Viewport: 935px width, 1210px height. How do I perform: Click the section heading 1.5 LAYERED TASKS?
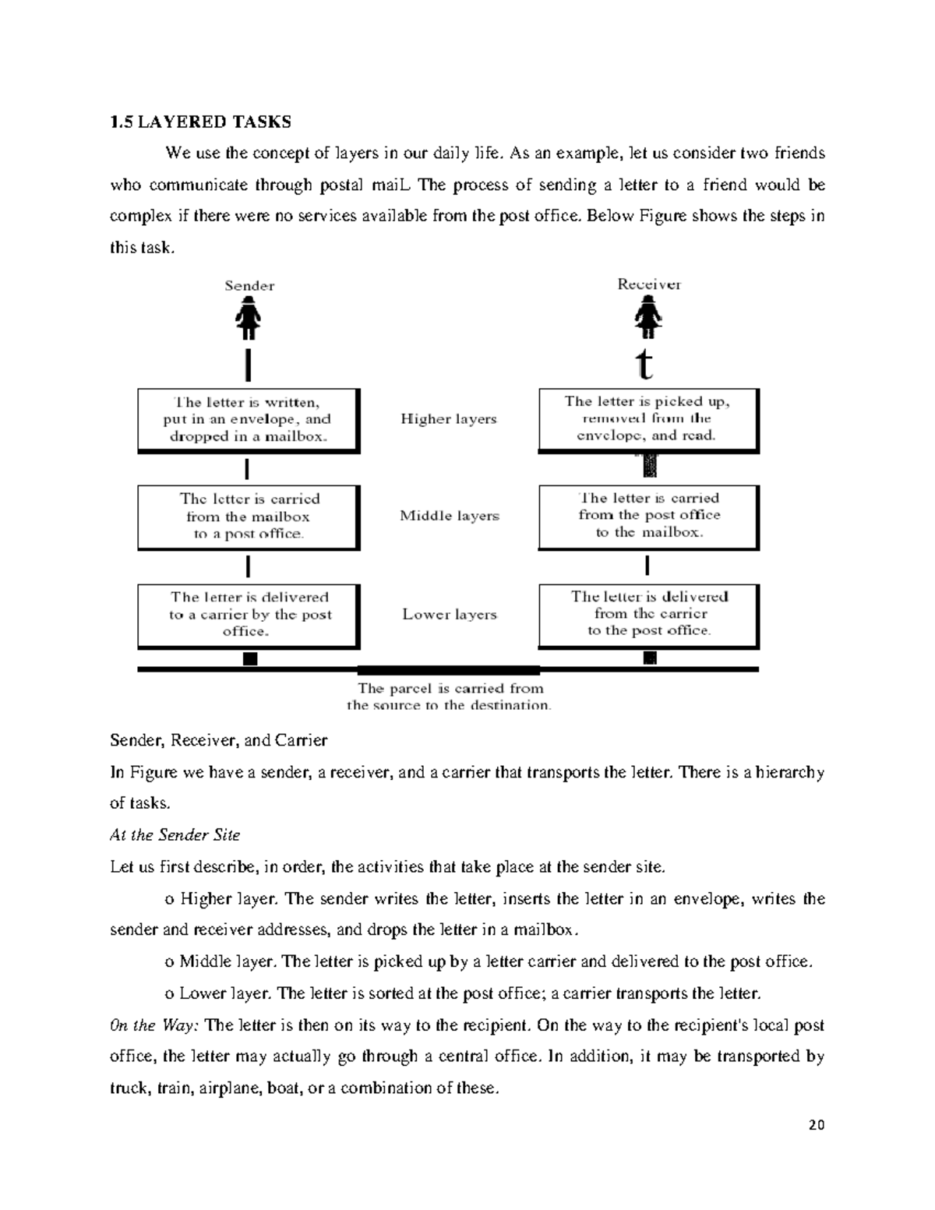point(200,122)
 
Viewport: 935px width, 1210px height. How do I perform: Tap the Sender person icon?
point(249,320)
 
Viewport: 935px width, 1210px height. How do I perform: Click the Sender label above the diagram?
point(249,286)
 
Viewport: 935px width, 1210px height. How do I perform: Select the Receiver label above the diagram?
point(649,284)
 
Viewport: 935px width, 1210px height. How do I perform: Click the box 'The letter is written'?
point(248,420)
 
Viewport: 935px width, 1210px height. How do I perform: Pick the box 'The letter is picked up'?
point(647,419)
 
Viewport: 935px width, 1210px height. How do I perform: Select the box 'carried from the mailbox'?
point(248,517)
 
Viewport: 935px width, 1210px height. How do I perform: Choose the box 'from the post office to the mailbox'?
point(647,516)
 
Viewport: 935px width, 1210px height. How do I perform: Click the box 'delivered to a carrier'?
point(248,615)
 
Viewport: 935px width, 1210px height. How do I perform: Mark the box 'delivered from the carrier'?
point(647,614)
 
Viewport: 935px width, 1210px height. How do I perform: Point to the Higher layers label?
point(448,419)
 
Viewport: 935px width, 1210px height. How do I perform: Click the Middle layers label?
point(449,516)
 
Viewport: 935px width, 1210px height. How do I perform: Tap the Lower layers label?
point(449,615)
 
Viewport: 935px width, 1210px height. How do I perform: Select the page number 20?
point(817,1125)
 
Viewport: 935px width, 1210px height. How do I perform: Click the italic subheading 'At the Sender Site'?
point(175,835)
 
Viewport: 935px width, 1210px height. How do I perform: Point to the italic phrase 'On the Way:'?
point(154,1025)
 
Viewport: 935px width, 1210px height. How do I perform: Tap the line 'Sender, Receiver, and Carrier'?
point(218,740)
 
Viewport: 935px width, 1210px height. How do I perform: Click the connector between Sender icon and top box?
point(248,364)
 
